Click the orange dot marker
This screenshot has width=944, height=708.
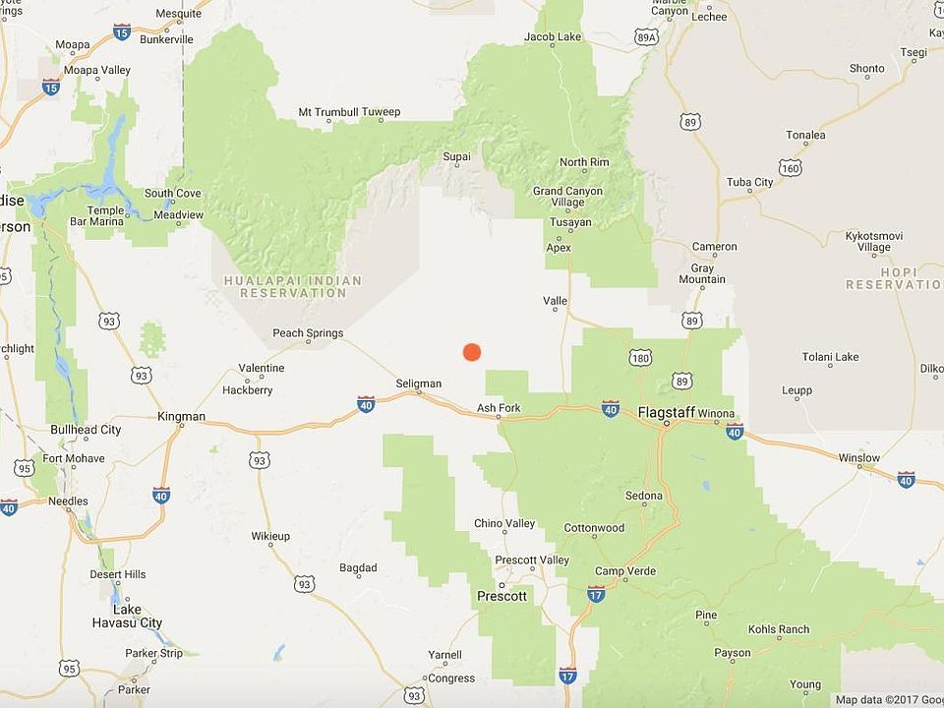click(x=472, y=352)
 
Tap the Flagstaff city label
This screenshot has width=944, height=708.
click(x=666, y=412)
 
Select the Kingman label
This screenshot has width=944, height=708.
click(x=181, y=417)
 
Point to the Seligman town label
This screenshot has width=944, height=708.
click(x=418, y=383)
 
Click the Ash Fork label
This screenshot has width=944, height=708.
click(x=499, y=408)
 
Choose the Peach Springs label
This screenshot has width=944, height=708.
click(x=308, y=333)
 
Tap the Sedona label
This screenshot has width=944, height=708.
click(x=644, y=496)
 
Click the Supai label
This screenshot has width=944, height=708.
click(x=457, y=156)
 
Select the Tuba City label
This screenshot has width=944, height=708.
click(x=750, y=182)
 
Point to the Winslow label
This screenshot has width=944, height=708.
click(x=859, y=458)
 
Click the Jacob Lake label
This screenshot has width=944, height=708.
click(x=553, y=37)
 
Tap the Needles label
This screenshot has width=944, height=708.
click(x=68, y=501)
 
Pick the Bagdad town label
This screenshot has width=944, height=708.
click(x=358, y=568)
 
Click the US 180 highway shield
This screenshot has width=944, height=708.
click(x=642, y=359)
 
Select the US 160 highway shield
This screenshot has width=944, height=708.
click(x=790, y=168)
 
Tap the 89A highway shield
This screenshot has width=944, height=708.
click(x=645, y=37)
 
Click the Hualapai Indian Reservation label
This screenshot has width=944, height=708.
click(x=293, y=287)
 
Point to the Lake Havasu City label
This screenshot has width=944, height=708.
click(x=127, y=617)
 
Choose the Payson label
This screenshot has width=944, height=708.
click(x=733, y=652)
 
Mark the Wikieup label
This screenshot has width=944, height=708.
click(x=270, y=537)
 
